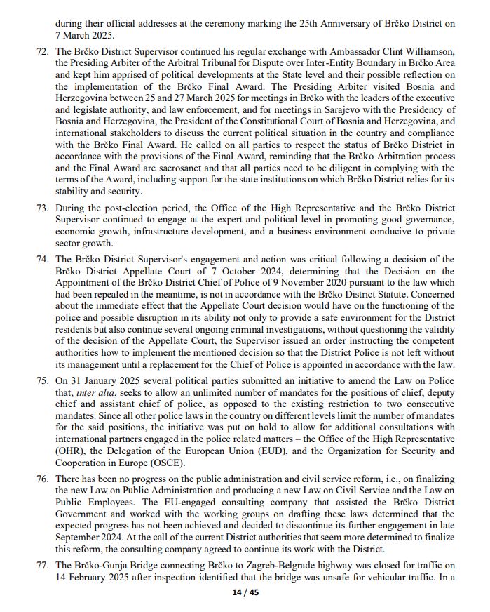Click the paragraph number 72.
click(x=42, y=52)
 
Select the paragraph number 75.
click(x=42, y=380)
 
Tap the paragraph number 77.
click(x=42, y=566)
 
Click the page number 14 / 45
click(x=245, y=593)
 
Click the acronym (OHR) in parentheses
click(x=72, y=451)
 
